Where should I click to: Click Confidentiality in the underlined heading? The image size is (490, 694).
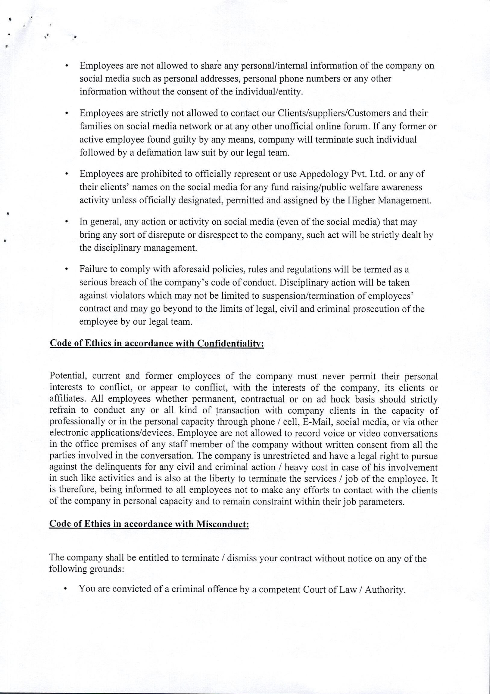pos(230,344)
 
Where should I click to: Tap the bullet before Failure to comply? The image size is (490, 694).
pos(66,269)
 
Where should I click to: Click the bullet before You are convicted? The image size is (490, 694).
pos(65,589)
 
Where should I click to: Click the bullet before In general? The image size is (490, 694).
pos(66,222)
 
